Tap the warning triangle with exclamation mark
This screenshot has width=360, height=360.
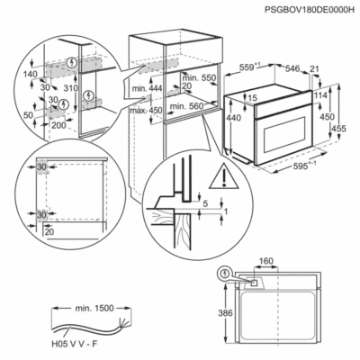pyautogui.click(x=223, y=177)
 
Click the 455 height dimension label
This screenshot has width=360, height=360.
pyautogui.click(x=338, y=129)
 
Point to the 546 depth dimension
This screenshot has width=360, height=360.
pyautogui.click(x=292, y=68)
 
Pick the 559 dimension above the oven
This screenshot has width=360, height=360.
pyautogui.click(x=250, y=68)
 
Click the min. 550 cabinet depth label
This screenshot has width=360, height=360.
pyautogui.click(x=199, y=78)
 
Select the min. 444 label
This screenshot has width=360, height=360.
pyautogui.click(x=147, y=88)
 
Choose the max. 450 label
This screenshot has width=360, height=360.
pyautogui.click(x=146, y=111)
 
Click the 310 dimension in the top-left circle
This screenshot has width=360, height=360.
pyautogui.click(x=71, y=88)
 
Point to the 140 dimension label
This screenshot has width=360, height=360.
pyautogui.click(x=31, y=74)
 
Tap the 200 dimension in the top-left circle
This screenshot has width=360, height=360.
pyautogui.click(x=58, y=125)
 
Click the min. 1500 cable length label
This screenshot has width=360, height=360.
pyautogui.click(x=90, y=308)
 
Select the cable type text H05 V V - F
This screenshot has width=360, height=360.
pyautogui.click(x=74, y=344)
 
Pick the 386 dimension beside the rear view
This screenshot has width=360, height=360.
pyautogui.click(x=225, y=313)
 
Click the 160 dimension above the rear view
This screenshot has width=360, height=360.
pyautogui.click(x=266, y=261)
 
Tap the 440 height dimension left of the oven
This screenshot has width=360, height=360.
pyautogui.click(x=234, y=118)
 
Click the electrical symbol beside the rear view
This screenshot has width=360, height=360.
pyautogui.click(x=226, y=274)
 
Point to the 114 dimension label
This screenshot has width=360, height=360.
pyautogui.click(x=321, y=95)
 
